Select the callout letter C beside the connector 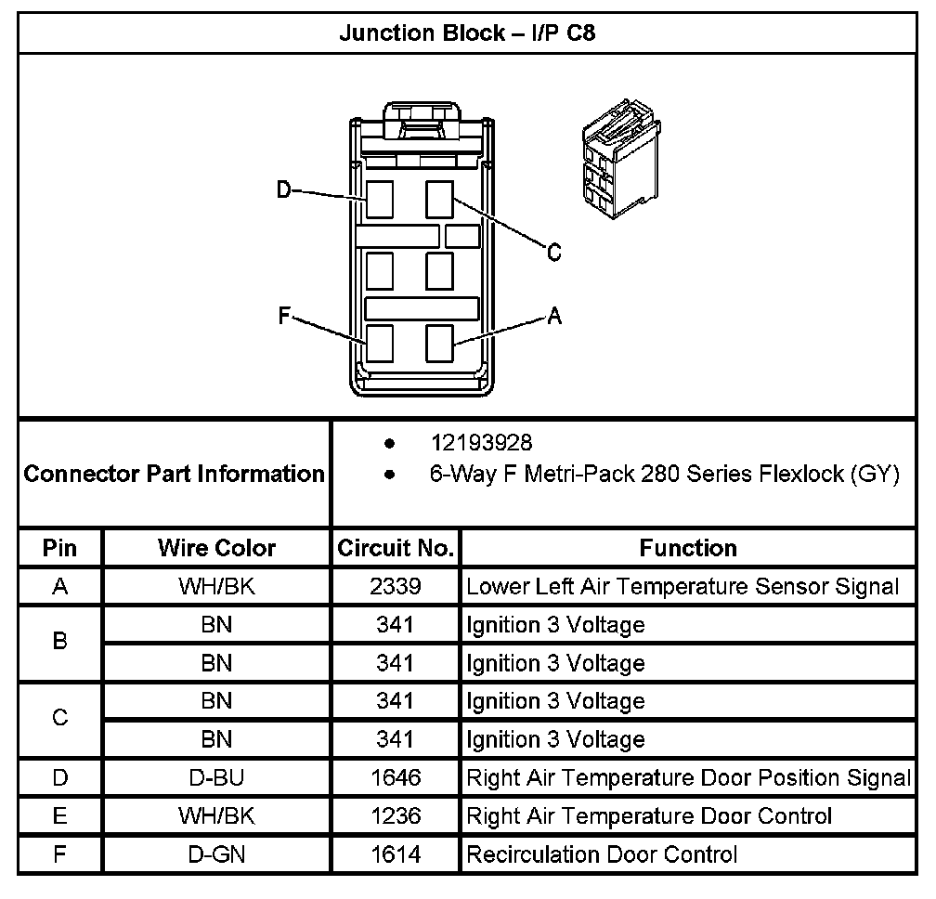(x=553, y=253)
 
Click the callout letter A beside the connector (x=553, y=316)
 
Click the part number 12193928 (x=481, y=442)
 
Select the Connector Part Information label (x=175, y=475)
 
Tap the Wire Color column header (x=216, y=548)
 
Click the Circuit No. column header (x=396, y=548)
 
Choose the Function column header (x=688, y=548)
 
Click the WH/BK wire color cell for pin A (x=216, y=587)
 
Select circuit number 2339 (x=396, y=587)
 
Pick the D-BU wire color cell (x=216, y=777)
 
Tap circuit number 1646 (x=396, y=777)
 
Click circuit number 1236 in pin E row (x=396, y=816)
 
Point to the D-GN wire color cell (x=216, y=854)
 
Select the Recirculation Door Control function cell (x=602, y=854)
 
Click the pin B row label (x=60, y=643)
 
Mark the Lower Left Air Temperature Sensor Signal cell (x=682, y=587)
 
